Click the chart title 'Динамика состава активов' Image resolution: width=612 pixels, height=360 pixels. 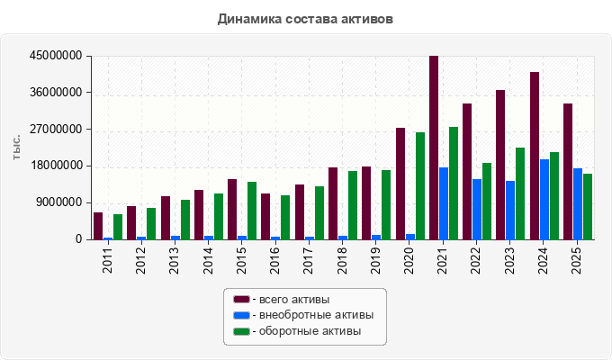pos(305,19)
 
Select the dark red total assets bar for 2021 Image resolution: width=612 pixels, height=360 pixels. pos(434,148)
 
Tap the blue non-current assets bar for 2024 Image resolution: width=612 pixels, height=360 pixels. pos(544,200)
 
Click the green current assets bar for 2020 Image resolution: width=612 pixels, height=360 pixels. pos(420,186)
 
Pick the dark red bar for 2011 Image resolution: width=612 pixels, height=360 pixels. pos(98,226)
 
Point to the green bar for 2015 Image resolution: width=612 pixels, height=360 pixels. pos(252,211)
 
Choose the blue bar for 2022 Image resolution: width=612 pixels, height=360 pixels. pos(477,210)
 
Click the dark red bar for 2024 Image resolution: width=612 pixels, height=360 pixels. pos(535,156)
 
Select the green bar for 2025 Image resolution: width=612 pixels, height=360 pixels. pos(588,207)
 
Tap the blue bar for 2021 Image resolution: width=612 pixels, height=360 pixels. pos(444,203)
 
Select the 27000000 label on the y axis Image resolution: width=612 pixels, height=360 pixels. pos(56,130)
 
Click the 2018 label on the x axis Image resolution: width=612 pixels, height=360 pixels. pos(342,260)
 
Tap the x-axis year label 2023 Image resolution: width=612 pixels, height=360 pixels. pos(509,260)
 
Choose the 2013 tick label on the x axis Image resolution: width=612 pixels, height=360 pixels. pos(174,260)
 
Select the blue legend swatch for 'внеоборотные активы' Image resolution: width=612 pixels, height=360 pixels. pos(241,315)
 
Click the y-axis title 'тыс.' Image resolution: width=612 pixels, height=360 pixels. pos(16,148)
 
